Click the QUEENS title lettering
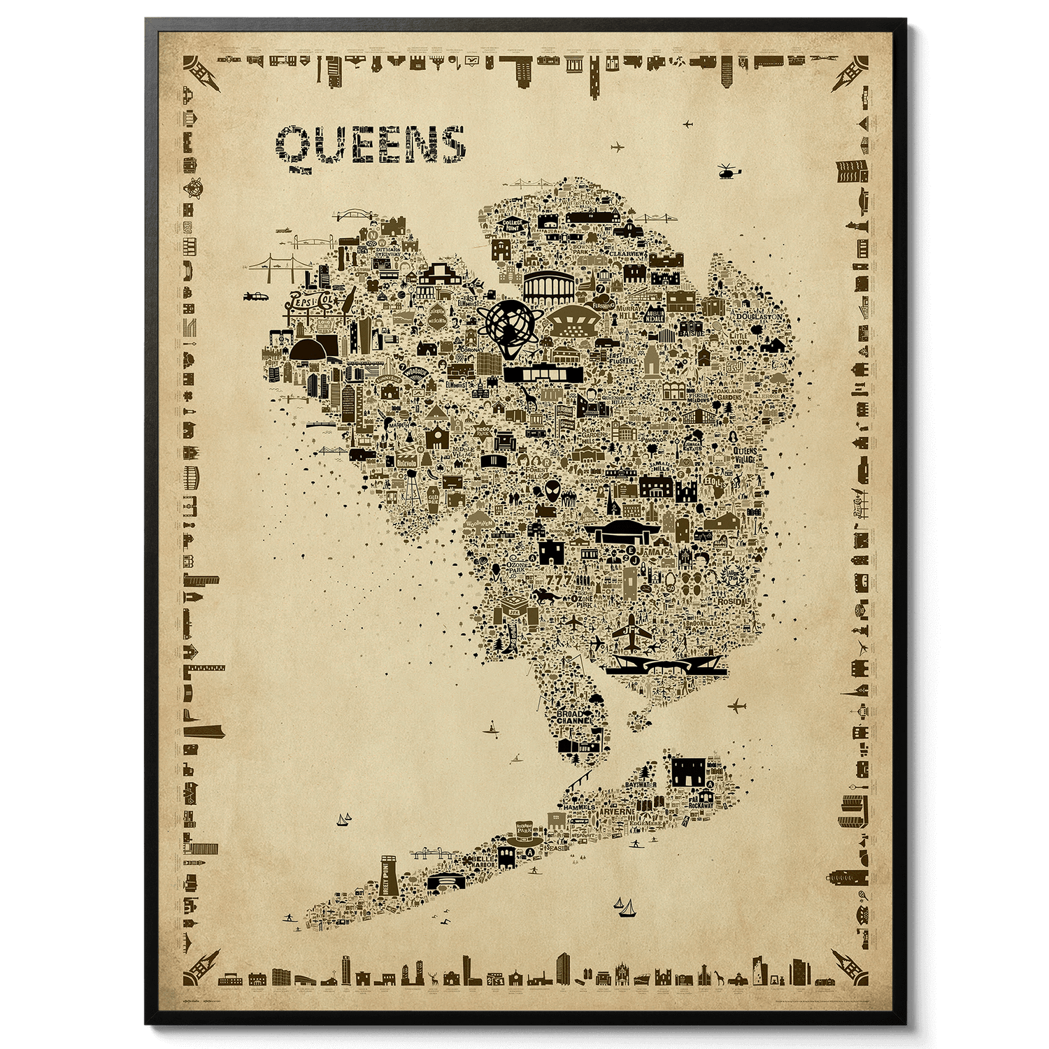pyautogui.click(x=371, y=145)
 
